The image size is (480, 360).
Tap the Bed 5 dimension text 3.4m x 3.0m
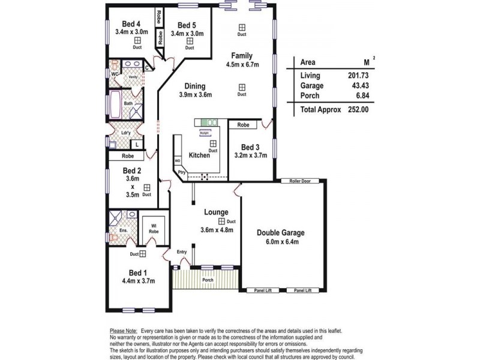(x=188, y=34)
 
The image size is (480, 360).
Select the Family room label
(x=242, y=56)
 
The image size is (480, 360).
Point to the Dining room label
(x=194, y=86)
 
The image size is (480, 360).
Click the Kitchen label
(x=199, y=155)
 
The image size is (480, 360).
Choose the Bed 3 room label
(x=250, y=147)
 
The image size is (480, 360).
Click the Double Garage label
(x=281, y=233)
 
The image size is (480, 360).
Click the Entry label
(x=181, y=251)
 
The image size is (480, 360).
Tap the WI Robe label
(x=154, y=228)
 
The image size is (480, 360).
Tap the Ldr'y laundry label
(x=126, y=133)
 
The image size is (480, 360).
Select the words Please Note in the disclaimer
(x=124, y=331)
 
